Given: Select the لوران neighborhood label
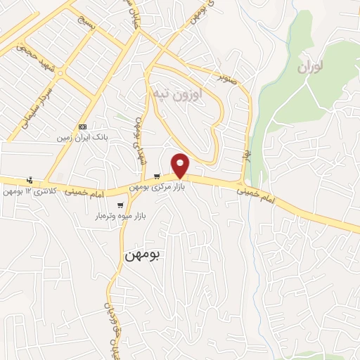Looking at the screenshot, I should [312, 68].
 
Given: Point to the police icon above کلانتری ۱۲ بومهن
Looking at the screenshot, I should [29, 179].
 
